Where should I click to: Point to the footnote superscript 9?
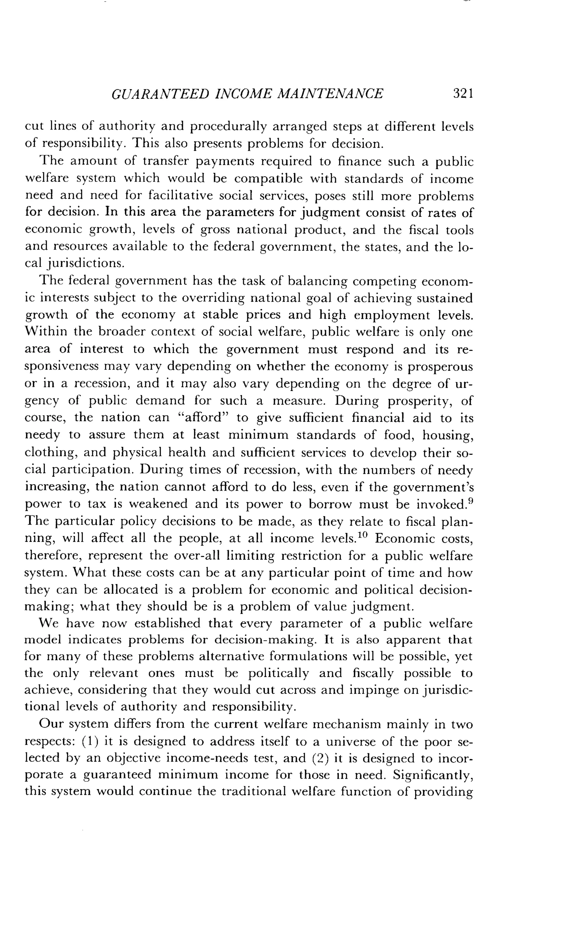[x=470, y=500]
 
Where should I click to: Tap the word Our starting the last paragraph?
[x=50, y=724]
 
